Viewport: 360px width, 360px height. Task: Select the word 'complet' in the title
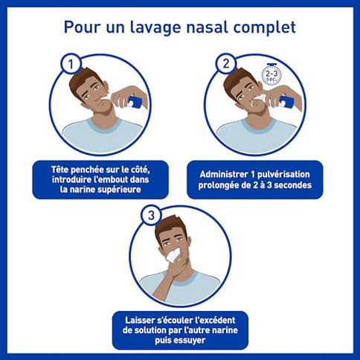click(x=265, y=28)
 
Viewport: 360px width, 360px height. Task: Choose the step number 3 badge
click(x=151, y=216)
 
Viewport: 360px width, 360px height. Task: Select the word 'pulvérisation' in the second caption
click(x=283, y=174)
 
